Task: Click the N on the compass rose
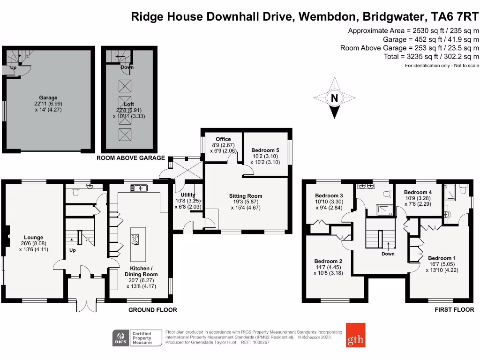[334, 98]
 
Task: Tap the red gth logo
[356, 335]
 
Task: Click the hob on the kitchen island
[135, 239]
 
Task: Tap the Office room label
[223, 139]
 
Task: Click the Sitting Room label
[246, 196]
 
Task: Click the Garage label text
[48, 98]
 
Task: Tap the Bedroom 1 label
[442, 258]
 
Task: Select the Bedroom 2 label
[328, 261]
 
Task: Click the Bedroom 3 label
[329, 195]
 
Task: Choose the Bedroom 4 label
[418, 192]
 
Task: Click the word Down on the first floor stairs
[388, 254]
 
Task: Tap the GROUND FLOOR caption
[153, 310]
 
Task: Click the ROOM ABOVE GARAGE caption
[131, 158]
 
